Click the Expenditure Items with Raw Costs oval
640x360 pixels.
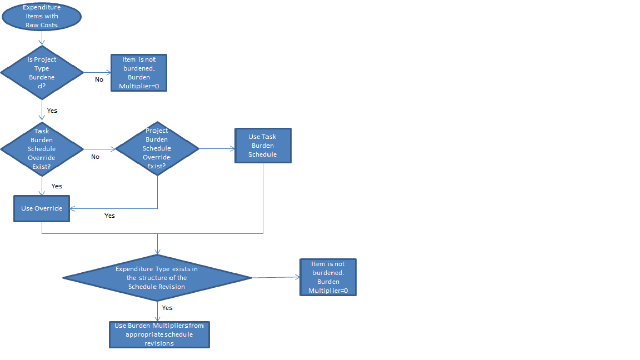[42, 16]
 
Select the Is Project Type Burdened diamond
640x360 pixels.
[42, 72]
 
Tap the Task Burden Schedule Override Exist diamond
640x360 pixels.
[42, 149]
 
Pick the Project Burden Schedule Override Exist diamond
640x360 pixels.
[157, 148]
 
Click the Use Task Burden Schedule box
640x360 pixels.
[262, 146]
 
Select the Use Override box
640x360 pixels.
[42, 208]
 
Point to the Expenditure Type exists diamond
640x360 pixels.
[157, 277]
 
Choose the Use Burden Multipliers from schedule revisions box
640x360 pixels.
[159, 334]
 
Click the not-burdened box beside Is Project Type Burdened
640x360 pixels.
[138, 72]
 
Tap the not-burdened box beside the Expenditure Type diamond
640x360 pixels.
[328, 277]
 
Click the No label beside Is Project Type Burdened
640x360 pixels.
[99, 79]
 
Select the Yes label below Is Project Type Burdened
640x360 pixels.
[52, 111]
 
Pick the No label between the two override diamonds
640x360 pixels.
[95, 157]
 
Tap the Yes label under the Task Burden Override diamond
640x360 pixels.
[57, 186]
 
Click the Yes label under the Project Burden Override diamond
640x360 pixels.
[109, 216]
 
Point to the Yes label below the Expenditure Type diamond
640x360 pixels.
[167, 308]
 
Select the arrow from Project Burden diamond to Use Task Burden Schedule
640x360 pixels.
[217, 149]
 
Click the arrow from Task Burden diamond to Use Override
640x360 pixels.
[42, 186]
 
